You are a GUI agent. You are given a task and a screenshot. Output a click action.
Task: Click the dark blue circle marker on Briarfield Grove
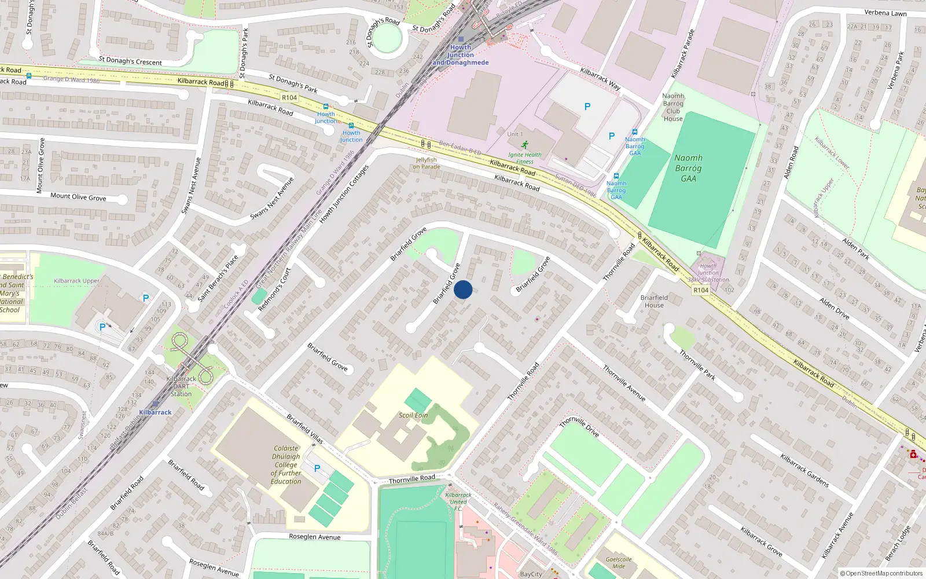coord(463,289)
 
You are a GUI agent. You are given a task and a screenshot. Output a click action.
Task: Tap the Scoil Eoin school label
coord(413,415)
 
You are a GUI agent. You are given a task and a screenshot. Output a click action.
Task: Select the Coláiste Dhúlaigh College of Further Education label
coord(286,464)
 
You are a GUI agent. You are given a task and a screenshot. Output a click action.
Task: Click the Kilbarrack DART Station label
coord(181,386)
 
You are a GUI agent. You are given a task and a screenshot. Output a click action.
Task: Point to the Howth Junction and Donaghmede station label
coord(461,55)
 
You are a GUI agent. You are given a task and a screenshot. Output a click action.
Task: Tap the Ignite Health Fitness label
coord(525,158)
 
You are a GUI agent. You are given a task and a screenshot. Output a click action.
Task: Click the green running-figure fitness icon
coord(524,145)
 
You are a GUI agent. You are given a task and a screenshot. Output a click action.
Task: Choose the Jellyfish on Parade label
coord(427,163)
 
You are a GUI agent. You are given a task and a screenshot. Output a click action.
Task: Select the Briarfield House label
coord(654,301)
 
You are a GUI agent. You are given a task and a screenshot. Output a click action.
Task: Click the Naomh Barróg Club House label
coord(673,107)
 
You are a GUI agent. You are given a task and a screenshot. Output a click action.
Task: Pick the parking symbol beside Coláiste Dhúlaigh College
coord(317,468)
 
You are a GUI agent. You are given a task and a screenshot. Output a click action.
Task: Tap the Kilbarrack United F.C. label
coord(458,501)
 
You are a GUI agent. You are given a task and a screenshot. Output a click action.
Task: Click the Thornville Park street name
coord(697,365)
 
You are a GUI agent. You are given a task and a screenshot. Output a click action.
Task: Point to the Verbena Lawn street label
coord(885,13)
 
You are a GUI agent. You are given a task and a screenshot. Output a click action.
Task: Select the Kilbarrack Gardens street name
coord(804,470)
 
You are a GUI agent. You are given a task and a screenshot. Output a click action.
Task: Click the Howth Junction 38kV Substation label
coord(708,273)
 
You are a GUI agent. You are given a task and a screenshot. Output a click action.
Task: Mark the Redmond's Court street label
coord(274,289)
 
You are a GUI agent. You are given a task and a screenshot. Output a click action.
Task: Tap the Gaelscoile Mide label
coord(619,562)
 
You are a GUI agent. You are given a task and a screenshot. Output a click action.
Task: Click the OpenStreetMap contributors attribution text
coord(881,574)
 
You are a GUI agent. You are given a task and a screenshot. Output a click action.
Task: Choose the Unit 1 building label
coord(515,134)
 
